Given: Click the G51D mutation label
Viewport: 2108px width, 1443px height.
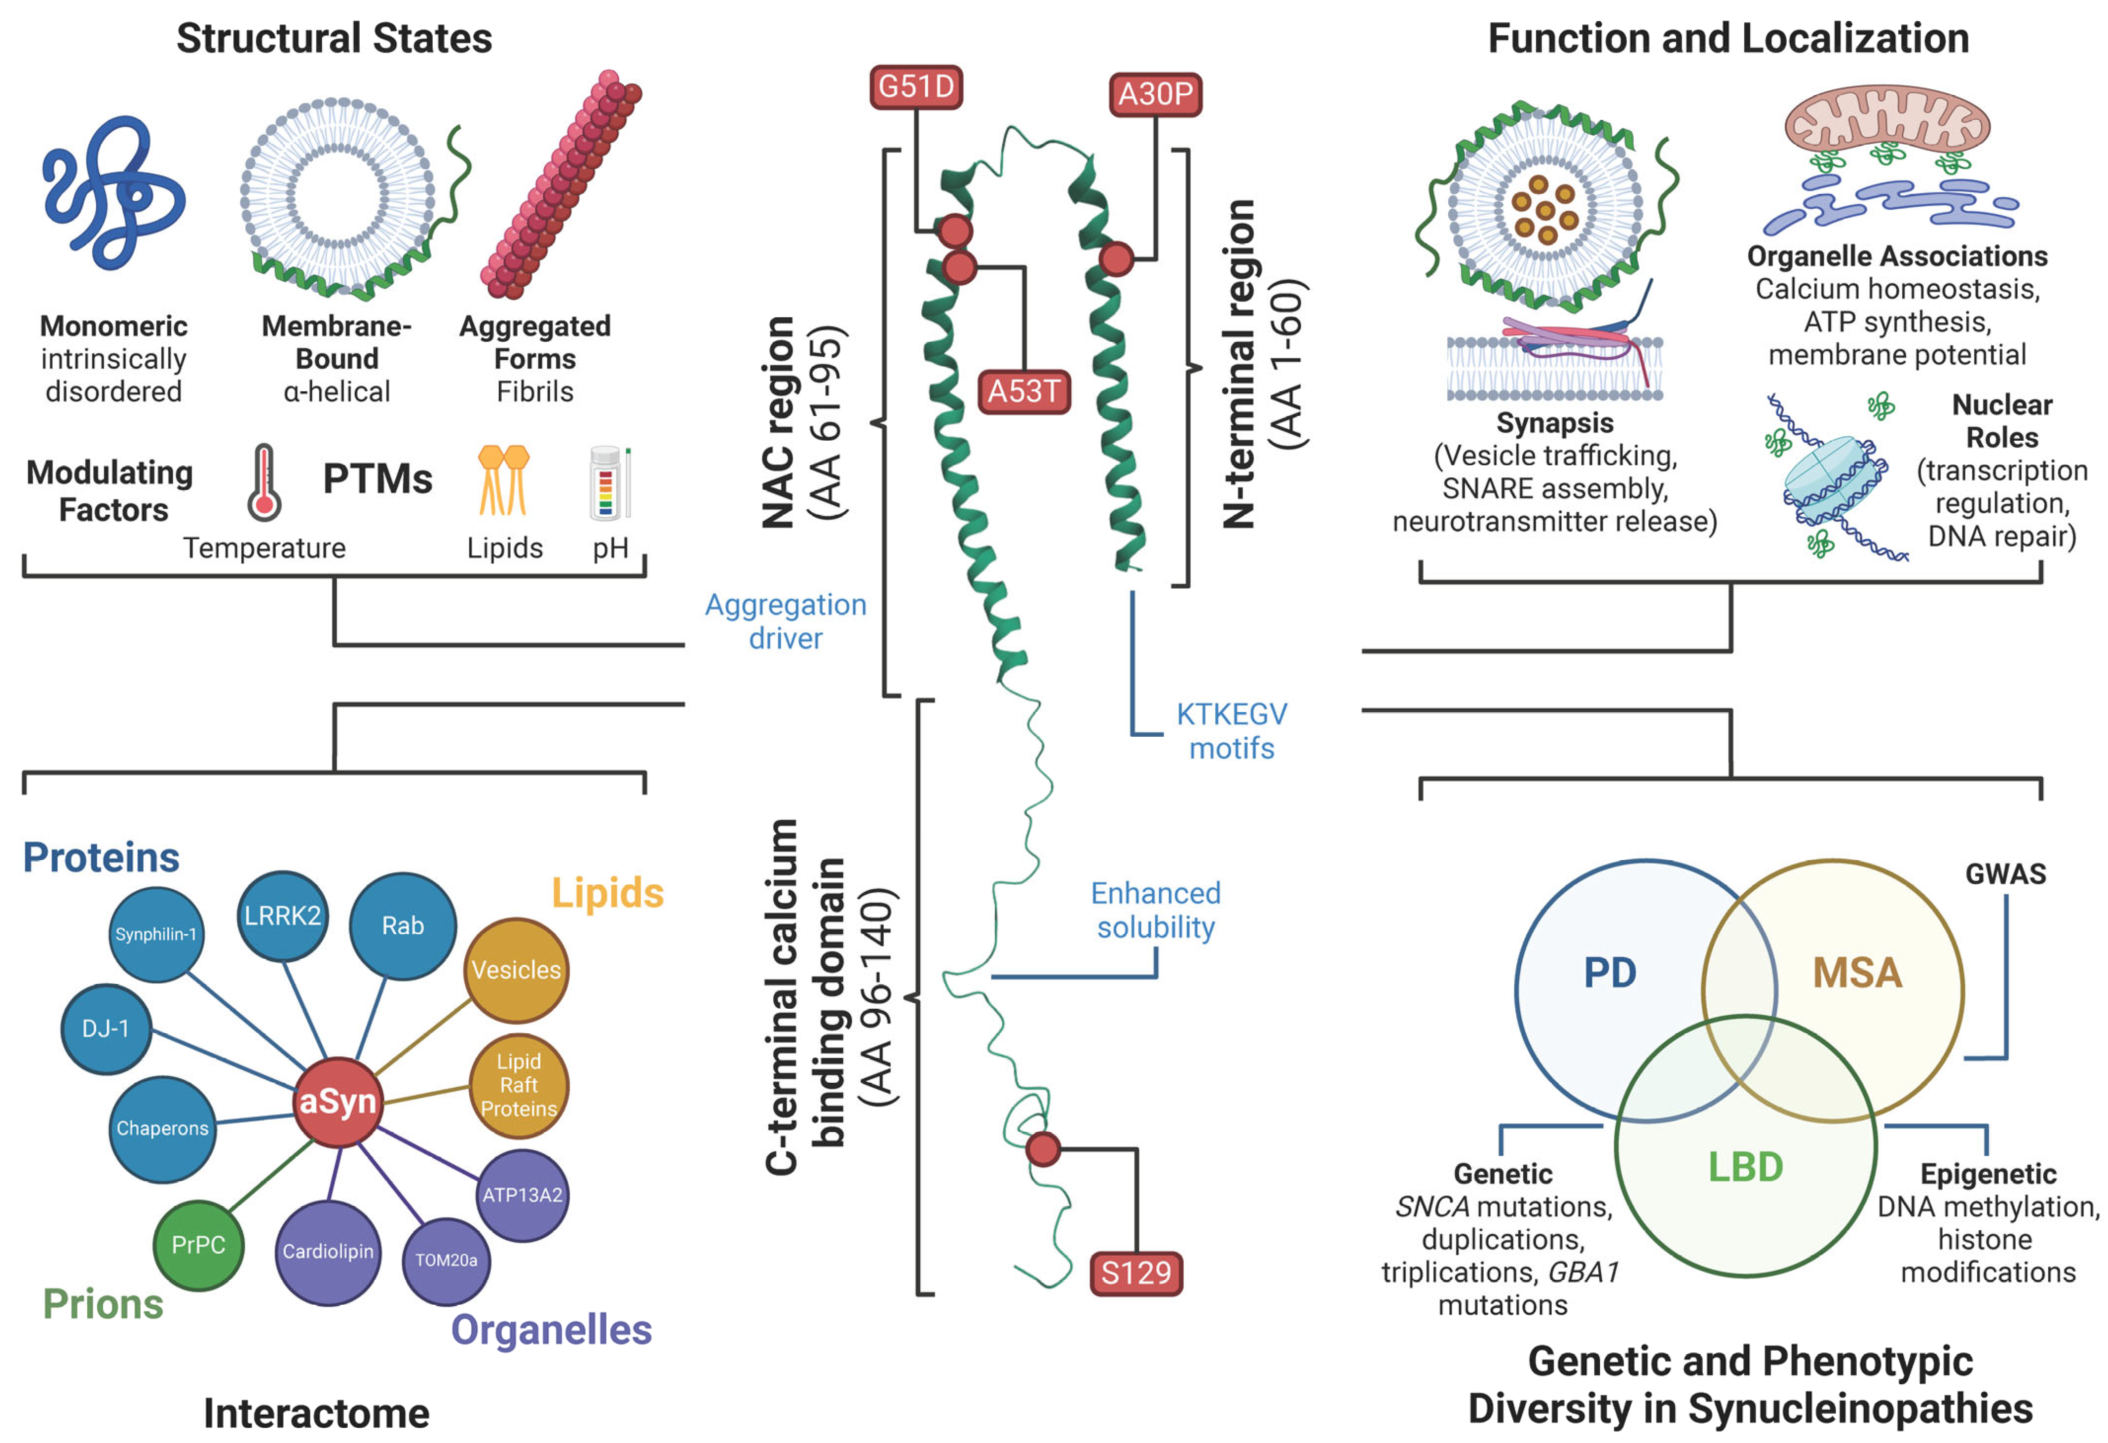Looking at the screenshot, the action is pos(915,87).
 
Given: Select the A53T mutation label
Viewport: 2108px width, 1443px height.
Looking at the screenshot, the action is pos(1024,392).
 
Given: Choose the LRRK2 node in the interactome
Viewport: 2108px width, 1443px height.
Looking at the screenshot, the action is pos(283,916).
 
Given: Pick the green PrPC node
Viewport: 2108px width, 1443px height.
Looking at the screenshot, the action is pos(199,1245).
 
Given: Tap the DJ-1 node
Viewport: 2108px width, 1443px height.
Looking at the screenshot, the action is pos(106,1028).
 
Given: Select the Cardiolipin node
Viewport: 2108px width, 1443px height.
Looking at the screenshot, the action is pos(328,1253).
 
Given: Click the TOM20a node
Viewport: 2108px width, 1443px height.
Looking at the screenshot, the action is pos(446,1260).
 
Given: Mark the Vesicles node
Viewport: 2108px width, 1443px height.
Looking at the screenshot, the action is pos(516,970).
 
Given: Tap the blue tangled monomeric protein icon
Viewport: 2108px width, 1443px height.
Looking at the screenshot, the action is pos(114,192).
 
